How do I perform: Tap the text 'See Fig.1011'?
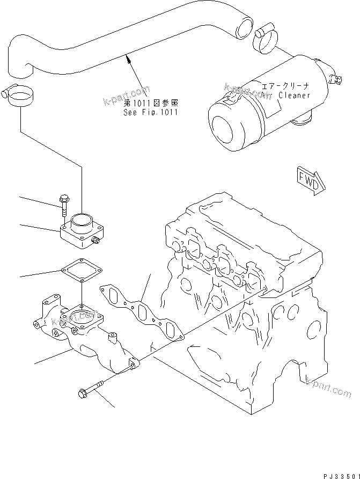[x=150, y=112]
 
